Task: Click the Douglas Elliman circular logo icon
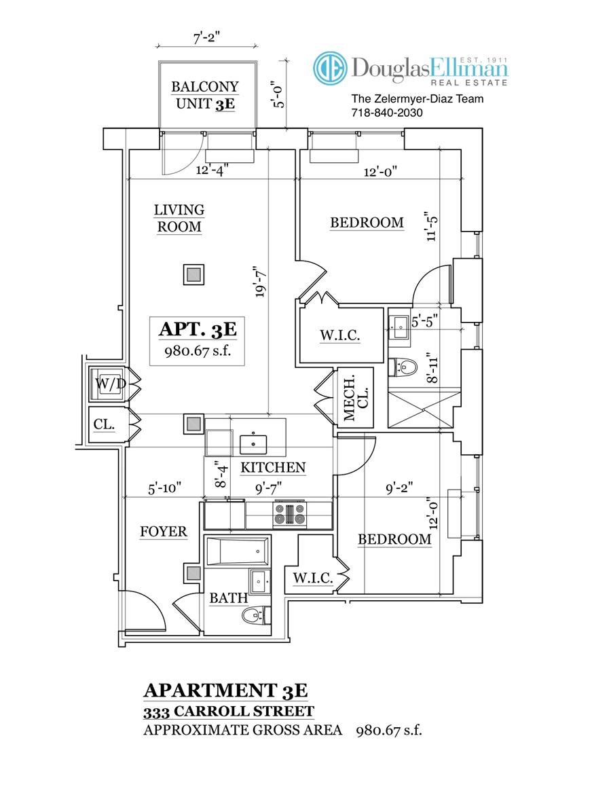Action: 330,68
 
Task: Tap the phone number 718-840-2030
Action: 386,113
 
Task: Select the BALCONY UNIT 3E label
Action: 205,95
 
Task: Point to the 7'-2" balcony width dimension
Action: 207,38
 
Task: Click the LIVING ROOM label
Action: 179,218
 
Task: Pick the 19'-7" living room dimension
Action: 260,282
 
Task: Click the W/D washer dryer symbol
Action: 109,384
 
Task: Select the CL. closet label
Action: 104,424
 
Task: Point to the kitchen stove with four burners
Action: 290,515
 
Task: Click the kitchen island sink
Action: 253,444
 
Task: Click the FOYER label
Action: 164,531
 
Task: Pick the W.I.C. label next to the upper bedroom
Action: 340,335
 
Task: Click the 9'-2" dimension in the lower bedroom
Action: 399,488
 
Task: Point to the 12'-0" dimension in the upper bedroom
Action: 380,172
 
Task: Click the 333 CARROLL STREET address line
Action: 229,712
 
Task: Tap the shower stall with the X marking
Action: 424,409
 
